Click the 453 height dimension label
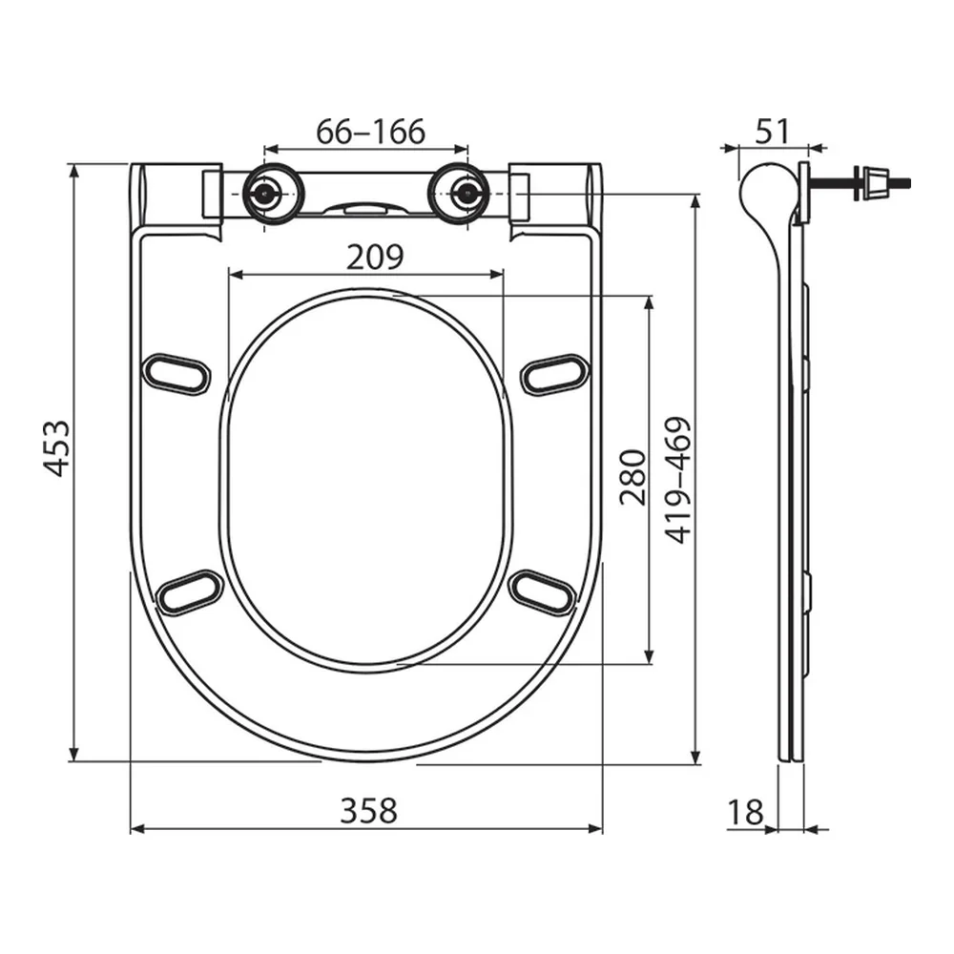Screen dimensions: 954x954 [x=56, y=448]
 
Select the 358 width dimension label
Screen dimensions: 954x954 [x=368, y=810]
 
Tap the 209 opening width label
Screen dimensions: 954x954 [x=375, y=257]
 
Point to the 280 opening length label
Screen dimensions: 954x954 [x=633, y=478]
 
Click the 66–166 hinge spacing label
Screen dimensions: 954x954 [x=370, y=132]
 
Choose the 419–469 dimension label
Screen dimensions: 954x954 [x=677, y=480]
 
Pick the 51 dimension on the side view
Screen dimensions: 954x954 [x=773, y=132]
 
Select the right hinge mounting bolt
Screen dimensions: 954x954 [x=467, y=194]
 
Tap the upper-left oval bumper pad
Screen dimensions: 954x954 [x=176, y=374]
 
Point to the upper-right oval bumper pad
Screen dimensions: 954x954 [x=555, y=374]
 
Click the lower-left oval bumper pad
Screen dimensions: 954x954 [x=189, y=592]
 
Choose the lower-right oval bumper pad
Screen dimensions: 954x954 [x=541, y=592]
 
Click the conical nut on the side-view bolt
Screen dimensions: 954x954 [x=876, y=182]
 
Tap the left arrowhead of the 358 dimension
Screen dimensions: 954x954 [x=137, y=829]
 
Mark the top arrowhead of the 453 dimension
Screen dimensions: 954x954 [x=73, y=171]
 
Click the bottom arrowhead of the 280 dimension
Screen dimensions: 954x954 [x=650, y=656]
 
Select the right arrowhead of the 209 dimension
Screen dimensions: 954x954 [x=496, y=275]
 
